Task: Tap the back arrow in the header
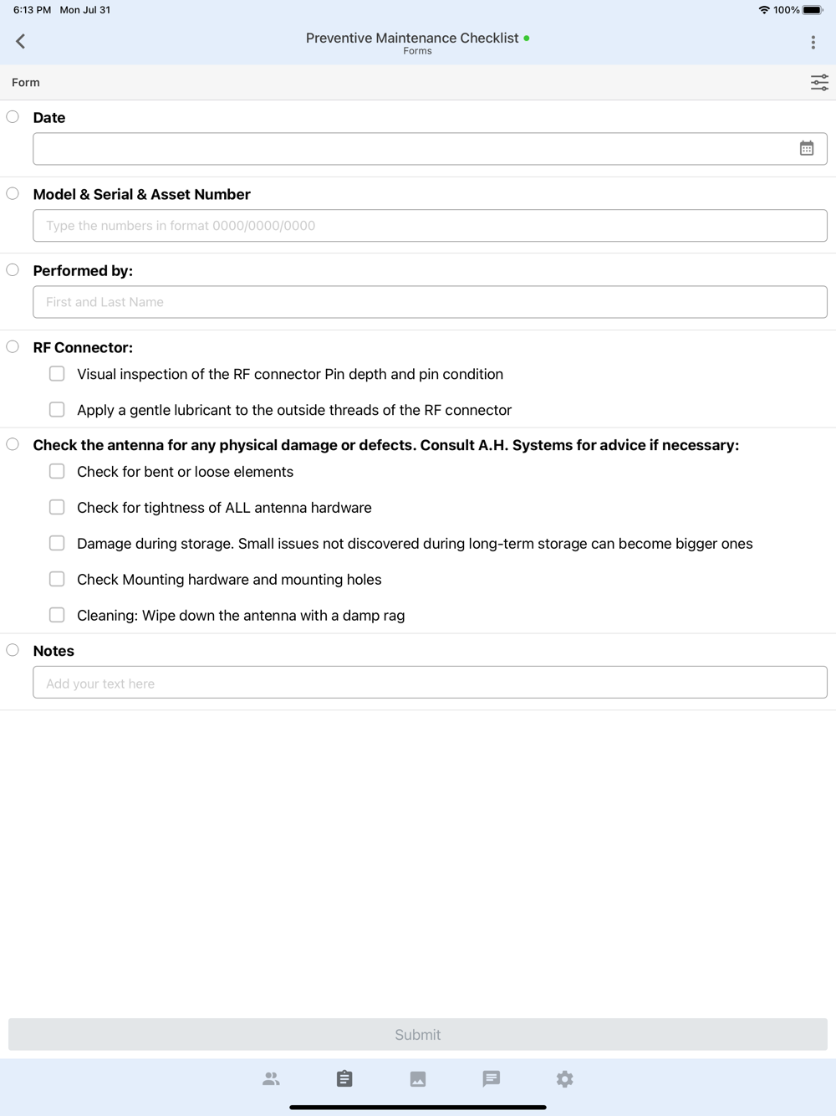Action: click(21, 41)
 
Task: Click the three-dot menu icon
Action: click(813, 42)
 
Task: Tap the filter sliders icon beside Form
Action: click(819, 82)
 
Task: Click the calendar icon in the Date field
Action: click(807, 149)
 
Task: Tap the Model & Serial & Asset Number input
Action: click(430, 226)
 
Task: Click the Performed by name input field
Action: click(430, 302)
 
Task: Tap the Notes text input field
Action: click(430, 683)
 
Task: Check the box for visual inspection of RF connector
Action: click(57, 374)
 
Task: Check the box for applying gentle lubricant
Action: click(57, 410)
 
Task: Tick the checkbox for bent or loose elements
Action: click(57, 472)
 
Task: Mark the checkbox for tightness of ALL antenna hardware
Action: click(57, 508)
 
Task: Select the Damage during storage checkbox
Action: click(57, 544)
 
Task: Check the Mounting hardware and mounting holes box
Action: click(57, 579)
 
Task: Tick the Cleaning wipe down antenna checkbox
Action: click(57, 615)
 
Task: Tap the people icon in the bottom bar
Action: click(271, 1079)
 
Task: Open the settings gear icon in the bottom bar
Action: click(565, 1079)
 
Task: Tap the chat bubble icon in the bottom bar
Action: click(492, 1079)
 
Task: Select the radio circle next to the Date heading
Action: click(13, 117)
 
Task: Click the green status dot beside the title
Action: click(527, 38)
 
